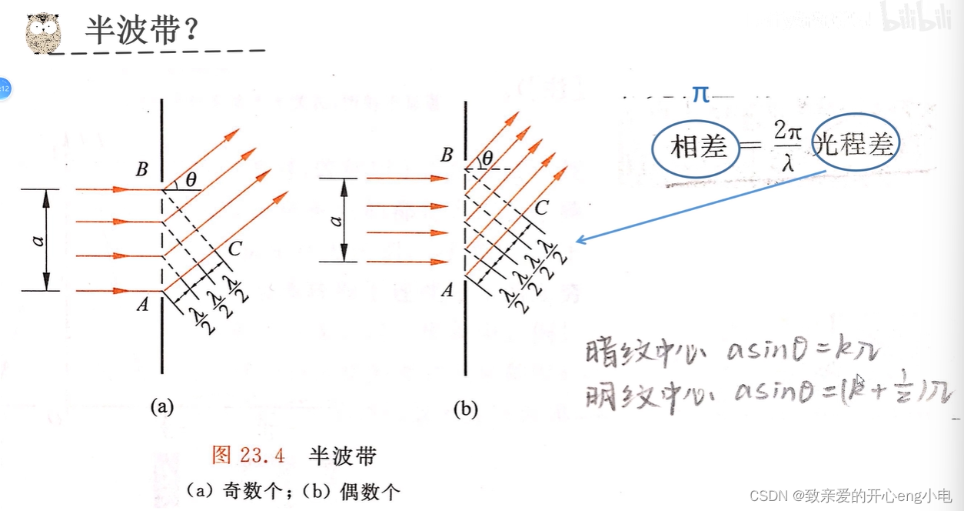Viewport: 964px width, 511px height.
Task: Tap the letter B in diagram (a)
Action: pos(142,170)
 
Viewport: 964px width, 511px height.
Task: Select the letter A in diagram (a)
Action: pos(142,306)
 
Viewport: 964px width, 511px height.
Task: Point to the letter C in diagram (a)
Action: pos(235,249)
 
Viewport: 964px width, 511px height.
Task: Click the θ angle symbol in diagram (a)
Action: pos(191,180)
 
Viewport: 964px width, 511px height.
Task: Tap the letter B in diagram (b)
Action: pos(446,155)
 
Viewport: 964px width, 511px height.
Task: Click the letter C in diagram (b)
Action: pos(541,207)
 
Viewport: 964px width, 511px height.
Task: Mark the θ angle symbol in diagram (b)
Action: pos(487,159)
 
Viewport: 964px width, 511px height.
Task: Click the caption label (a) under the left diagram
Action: pos(162,406)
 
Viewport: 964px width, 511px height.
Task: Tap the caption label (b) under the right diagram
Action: pos(466,409)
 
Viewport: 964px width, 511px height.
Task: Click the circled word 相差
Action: pos(698,147)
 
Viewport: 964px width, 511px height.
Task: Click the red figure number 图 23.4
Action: pos(248,456)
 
